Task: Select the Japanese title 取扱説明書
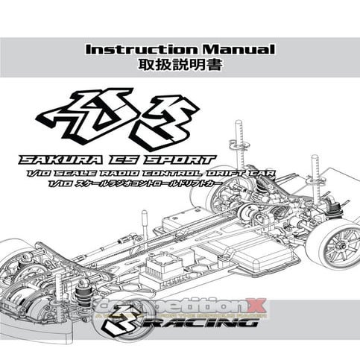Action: point(180,65)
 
